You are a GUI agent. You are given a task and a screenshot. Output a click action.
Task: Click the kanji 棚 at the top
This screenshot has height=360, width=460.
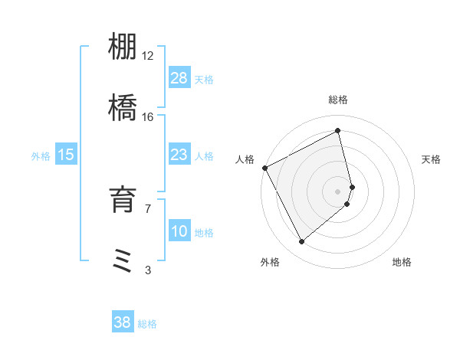point(123,48)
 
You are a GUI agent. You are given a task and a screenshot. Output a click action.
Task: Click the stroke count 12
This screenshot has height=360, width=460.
point(148,56)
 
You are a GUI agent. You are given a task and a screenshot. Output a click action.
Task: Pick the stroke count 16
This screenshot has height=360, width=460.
point(148,116)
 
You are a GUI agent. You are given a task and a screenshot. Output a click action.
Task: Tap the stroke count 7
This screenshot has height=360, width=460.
point(148,208)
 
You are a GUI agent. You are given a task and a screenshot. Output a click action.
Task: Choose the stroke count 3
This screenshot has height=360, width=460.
point(148,269)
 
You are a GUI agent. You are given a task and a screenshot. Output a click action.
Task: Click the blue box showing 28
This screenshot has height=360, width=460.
point(179,78)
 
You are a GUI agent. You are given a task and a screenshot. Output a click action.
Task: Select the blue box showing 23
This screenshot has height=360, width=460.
point(179,155)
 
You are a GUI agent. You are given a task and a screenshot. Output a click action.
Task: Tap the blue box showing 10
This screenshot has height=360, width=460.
point(179,232)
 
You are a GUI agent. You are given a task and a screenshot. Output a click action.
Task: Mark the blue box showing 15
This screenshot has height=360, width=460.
point(66,155)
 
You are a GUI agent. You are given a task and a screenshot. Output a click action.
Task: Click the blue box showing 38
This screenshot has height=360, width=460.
point(123,322)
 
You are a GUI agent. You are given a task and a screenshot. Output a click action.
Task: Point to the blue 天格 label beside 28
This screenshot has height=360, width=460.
point(204,79)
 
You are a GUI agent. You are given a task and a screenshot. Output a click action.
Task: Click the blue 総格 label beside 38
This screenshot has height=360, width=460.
point(147,324)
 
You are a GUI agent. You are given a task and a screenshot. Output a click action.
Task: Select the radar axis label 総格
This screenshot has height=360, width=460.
point(338,100)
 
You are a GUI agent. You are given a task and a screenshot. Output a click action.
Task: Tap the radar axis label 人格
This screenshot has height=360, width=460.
point(245,159)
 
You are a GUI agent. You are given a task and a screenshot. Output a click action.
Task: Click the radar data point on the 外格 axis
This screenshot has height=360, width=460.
point(301,242)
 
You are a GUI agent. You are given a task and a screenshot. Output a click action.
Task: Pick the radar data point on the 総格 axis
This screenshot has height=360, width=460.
point(338,130)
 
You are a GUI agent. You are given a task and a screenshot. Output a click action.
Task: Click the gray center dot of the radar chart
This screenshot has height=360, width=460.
point(338,191)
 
